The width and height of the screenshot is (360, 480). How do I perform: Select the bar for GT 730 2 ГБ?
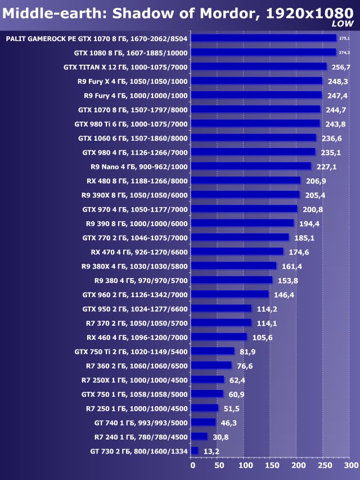[195, 451]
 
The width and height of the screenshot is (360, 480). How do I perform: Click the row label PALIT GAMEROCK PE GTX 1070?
[96, 38]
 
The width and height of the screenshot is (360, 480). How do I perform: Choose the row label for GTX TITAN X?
[126, 67]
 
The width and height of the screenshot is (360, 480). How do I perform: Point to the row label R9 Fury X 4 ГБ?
[133, 81]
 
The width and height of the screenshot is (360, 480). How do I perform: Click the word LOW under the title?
[343, 24]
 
